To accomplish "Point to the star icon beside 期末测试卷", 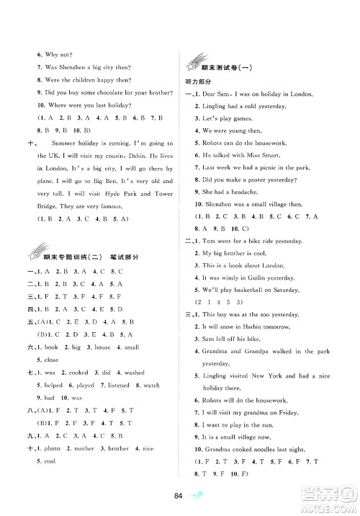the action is coord(195,63).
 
